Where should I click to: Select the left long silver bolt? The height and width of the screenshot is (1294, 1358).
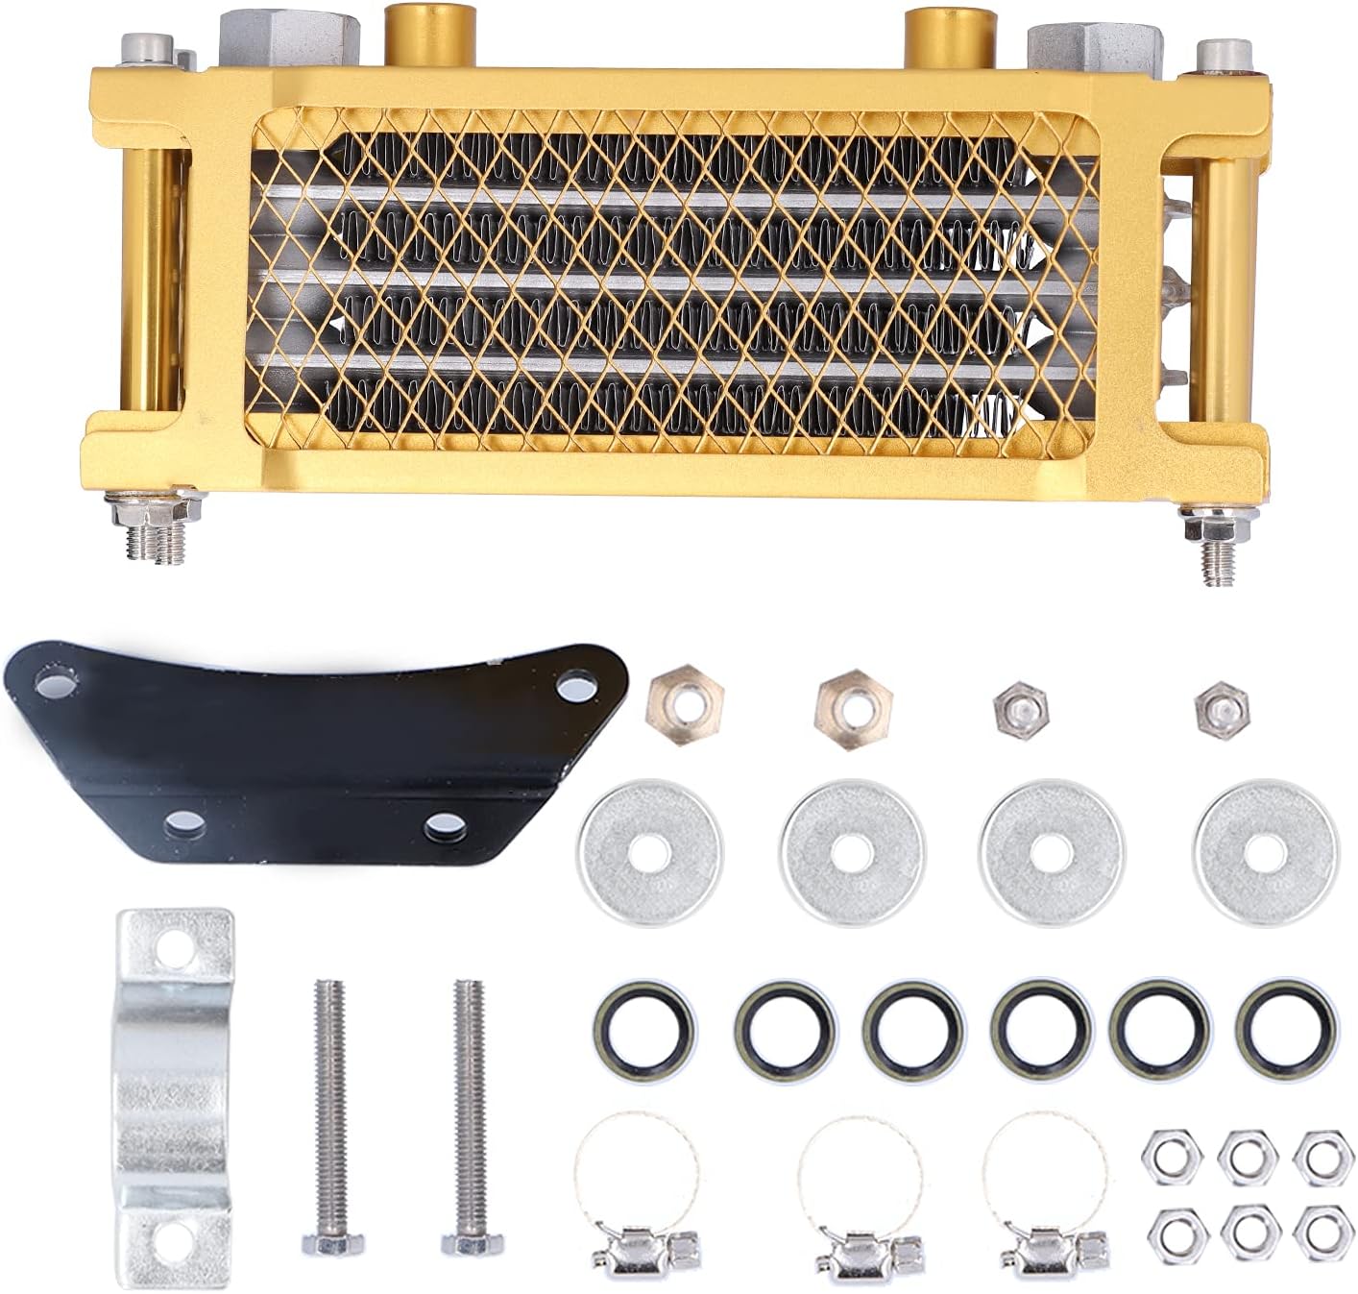click(x=328, y=1114)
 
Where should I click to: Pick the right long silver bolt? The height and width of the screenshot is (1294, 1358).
click(x=467, y=1114)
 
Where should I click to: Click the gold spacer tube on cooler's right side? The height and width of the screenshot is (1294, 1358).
click(x=1222, y=288)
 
